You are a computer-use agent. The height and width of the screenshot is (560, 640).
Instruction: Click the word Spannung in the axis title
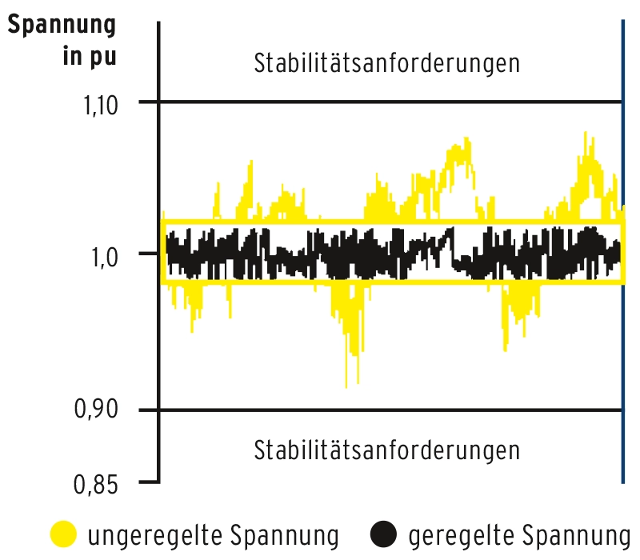point(62,26)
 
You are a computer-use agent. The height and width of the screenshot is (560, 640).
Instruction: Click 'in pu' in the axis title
point(88,58)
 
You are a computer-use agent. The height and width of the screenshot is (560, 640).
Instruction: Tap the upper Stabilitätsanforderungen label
point(386,64)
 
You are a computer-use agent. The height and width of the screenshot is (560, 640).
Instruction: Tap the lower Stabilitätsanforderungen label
point(386,450)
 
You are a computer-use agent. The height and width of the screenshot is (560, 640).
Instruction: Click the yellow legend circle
point(63,534)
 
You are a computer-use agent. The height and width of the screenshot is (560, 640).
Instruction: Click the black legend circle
point(384,534)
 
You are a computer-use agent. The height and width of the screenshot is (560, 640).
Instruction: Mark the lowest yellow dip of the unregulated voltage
point(346,386)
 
